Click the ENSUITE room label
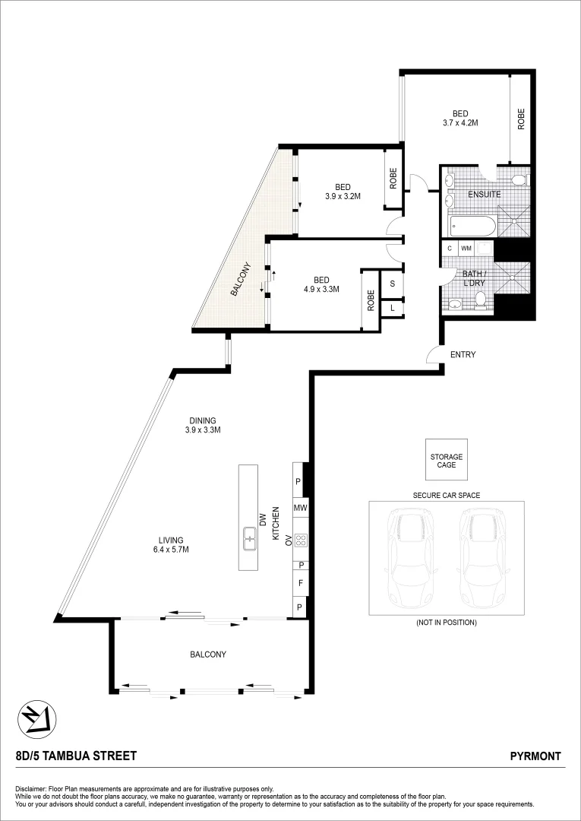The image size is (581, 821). pyautogui.click(x=484, y=194)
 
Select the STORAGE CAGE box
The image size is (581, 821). pyautogui.click(x=447, y=461)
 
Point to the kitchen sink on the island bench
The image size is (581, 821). pyautogui.click(x=248, y=538)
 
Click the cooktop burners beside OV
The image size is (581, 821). pyautogui.click(x=300, y=540)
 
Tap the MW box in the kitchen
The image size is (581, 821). pyautogui.click(x=299, y=507)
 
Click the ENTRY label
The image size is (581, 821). pyautogui.click(x=463, y=354)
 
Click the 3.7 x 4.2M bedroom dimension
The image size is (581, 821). pyautogui.click(x=460, y=122)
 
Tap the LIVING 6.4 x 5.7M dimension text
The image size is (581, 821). pyautogui.click(x=171, y=550)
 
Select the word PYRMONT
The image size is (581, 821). pyautogui.click(x=535, y=756)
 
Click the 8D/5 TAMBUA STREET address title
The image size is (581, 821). pyautogui.click(x=76, y=756)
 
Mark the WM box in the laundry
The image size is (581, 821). pyautogui.click(x=466, y=249)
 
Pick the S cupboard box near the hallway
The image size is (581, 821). pyautogui.click(x=392, y=284)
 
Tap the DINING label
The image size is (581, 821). pyautogui.click(x=203, y=420)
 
